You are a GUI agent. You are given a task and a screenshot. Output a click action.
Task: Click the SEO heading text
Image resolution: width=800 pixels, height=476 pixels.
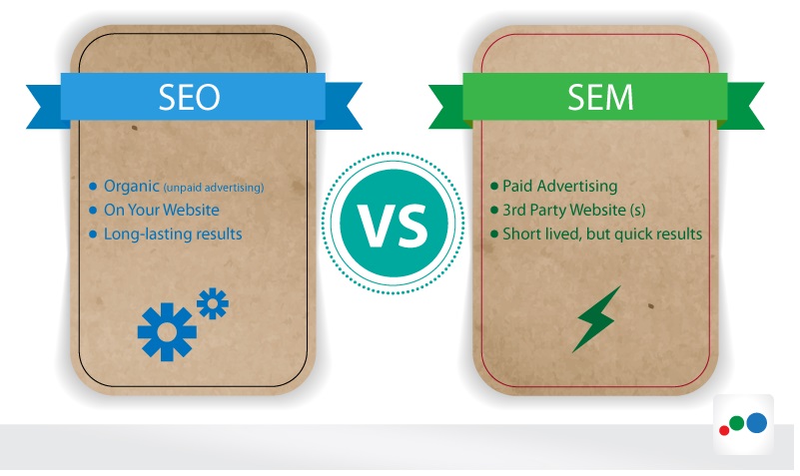click(x=190, y=97)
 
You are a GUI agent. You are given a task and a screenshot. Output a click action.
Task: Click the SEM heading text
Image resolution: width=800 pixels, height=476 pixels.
click(x=600, y=97)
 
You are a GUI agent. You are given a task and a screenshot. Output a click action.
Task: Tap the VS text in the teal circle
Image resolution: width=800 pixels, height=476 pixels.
click(x=393, y=226)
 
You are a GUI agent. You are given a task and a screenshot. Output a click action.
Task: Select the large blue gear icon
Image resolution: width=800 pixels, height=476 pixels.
click(x=167, y=331)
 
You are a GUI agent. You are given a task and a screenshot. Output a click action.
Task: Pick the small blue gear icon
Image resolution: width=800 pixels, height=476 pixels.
click(x=213, y=303)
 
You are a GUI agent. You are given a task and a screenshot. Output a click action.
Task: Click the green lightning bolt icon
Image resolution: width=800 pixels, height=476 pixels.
click(x=596, y=319)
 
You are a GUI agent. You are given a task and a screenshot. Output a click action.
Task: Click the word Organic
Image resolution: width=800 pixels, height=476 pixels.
click(x=131, y=187)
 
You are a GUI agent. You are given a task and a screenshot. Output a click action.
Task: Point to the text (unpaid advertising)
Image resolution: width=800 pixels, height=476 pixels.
click(x=214, y=188)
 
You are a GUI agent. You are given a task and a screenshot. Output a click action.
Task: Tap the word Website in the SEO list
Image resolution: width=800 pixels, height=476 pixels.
click(x=191, y=210)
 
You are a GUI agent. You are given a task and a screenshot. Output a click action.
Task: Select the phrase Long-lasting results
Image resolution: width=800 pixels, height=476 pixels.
click(x=173, y=234)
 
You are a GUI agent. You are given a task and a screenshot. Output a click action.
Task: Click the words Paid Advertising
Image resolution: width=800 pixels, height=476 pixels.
click(x=559, y=186)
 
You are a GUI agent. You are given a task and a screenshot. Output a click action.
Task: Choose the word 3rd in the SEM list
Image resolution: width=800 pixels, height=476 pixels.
click(x=513, y=210)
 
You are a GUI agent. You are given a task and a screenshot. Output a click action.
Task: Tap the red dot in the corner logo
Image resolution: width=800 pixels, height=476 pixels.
click(x=723, y=431)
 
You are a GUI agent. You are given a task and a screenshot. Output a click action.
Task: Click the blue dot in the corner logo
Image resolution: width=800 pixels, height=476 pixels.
click(x=757, y=423)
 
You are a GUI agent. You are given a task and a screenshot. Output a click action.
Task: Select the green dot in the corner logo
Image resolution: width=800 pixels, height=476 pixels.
click(x=736, y=423)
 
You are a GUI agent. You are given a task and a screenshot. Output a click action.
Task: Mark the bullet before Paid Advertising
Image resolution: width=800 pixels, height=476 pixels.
click(x=493, y=186)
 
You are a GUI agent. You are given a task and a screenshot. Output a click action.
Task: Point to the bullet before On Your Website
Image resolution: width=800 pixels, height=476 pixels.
click(x=93, y=210)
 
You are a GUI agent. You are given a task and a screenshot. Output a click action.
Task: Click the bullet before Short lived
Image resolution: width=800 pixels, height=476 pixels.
click(x=493, y=235)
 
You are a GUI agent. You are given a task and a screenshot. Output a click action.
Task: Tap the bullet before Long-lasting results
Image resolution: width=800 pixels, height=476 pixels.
click(x=93, y=235)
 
